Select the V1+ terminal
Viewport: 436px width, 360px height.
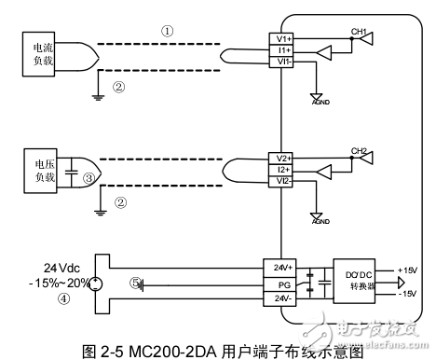(x=284, y=37)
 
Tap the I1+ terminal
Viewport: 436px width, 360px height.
(x=284, y=48)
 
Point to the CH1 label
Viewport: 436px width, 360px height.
(x=358, y=31)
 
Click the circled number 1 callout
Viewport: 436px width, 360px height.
(x=168, y=30)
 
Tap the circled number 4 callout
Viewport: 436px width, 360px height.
(x=64, y=299)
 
